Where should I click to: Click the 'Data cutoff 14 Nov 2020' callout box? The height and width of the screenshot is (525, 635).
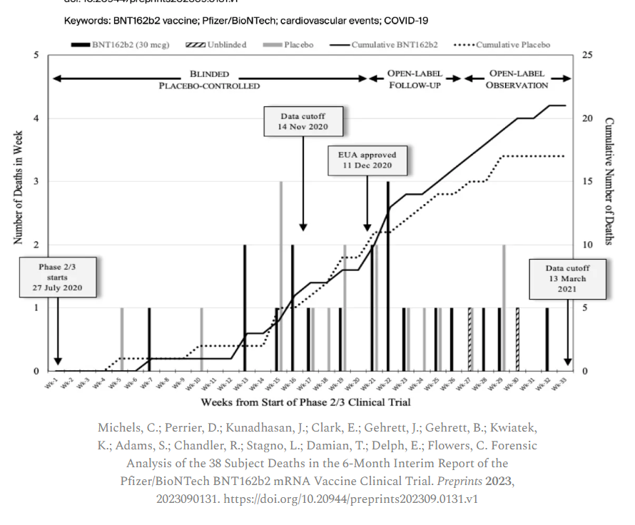tap(303, 122)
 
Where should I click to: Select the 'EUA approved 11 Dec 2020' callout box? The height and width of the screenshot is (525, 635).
tap(367, 160)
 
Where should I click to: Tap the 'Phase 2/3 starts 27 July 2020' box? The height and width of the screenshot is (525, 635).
tap(57, 278)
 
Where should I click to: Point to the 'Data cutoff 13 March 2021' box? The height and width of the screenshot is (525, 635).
tap(567, 278)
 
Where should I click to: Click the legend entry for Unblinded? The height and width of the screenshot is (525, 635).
tap(217, 45)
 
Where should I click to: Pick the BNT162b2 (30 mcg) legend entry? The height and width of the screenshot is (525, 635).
tap(121, 45)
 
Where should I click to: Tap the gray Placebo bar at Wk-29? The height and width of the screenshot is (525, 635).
tap(504, 307)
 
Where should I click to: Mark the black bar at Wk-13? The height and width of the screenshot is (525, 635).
tap(245, 307)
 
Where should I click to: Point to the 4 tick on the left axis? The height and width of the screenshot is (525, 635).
tap(37, 118)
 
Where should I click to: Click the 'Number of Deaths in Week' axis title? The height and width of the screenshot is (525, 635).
tap(18, 187)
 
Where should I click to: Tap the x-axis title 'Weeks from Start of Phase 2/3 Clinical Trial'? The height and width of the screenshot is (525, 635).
tap(305, 403)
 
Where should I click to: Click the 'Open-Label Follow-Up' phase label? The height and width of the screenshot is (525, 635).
tap(414, 79)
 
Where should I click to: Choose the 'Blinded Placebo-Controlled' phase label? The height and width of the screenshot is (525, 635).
tap(209, 79)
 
